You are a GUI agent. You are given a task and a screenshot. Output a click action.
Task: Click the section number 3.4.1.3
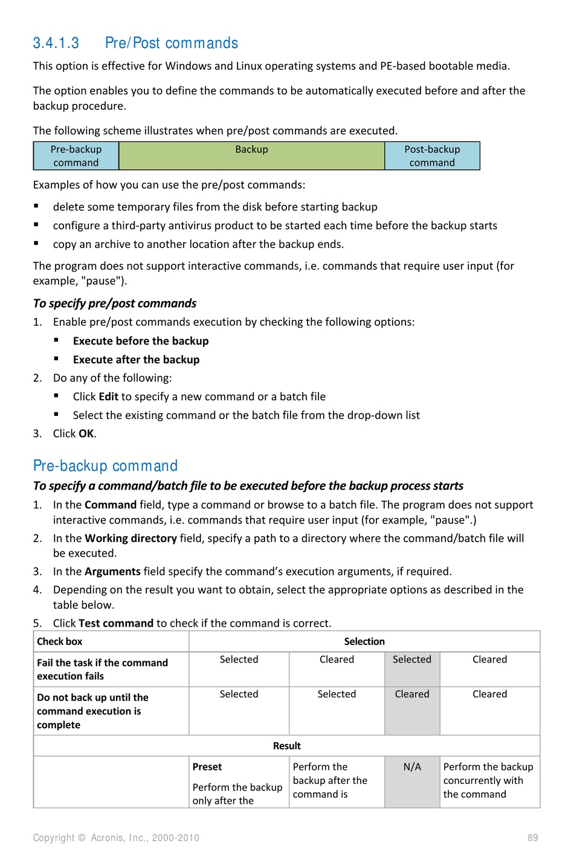pyautogui.click(x=56, y=44)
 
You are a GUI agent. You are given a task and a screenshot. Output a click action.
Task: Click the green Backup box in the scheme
pyautogui.click(x=251, y=156)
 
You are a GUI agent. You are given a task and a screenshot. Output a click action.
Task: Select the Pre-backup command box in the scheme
pyautogui.click(x=76, y=156)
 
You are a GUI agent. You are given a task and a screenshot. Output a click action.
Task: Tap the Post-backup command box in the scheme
pyautogui.click(x=432, y=156)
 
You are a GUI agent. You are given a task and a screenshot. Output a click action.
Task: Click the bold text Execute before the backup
pyautogui.click(x=141, y=341)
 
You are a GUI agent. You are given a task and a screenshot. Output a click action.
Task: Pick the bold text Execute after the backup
pyautogui.click(x=136, y=360)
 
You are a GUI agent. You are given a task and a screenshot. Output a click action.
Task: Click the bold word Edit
pyautogui.click(x=109, y=396)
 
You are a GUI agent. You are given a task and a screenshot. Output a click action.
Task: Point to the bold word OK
pyautogui.click(x=86, y=433)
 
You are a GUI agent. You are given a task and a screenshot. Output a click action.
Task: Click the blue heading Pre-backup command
pyautogui.click(x=106, y=466)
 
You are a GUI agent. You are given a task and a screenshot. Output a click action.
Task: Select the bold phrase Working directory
pyautogui.click(x=131, y=538)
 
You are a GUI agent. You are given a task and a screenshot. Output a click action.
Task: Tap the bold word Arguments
pyautogui.click(x=112, y=571)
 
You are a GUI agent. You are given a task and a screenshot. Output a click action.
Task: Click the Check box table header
pyautogui.click(x=60, y=641)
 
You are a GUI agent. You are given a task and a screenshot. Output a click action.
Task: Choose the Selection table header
pyautogui.click(x=364, y=641)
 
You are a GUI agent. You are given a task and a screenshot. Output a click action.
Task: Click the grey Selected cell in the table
pyautogui.click(x=412, y=659)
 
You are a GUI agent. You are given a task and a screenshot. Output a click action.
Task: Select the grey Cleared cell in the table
pyautogui.click(x=412, y=694)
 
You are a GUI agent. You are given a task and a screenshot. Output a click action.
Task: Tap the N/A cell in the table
pyautogui.click(x=412, y=767)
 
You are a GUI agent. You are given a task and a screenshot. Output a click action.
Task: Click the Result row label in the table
pyautogui.click(x=287, y=746)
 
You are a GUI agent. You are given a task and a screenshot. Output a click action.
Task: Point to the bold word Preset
pyautogui.click(x=207, y=767)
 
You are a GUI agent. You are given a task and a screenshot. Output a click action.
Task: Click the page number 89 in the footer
pyautogui.click(x=532, y=838)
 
